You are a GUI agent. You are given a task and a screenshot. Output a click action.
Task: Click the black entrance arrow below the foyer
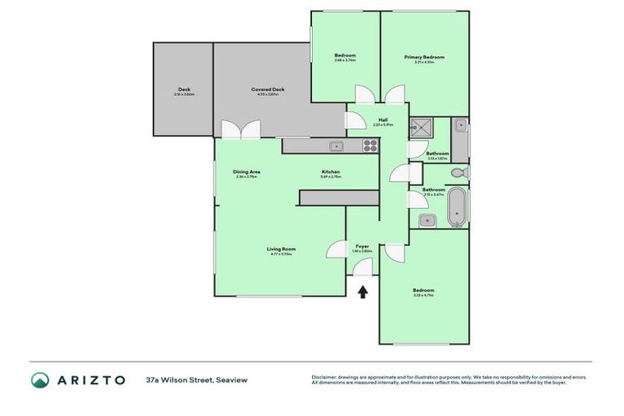[363, 290]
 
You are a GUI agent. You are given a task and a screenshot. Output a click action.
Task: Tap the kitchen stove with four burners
[370, 146]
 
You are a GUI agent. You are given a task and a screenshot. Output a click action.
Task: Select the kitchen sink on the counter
[336, 146]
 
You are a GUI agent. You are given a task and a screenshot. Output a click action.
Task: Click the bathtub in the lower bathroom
[458, 208]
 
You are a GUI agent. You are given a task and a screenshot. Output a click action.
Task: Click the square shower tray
[421, 127]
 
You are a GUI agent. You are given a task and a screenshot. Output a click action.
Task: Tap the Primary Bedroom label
[425, 57]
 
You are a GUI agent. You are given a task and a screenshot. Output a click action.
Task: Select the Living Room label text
[281, 249]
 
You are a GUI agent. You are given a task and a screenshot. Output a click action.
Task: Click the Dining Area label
[246, 171]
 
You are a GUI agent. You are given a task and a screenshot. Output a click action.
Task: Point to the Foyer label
[363, 246]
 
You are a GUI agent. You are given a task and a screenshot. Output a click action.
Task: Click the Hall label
[383, 119]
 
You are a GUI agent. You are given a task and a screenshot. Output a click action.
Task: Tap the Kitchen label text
[330, 171]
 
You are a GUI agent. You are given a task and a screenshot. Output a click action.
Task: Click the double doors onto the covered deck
[240, 130]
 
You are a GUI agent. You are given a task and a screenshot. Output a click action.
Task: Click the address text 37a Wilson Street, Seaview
[197, 379]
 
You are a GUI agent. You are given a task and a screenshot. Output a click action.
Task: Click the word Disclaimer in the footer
[326, 377]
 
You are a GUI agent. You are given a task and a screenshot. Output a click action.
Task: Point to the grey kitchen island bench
[339, 198]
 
